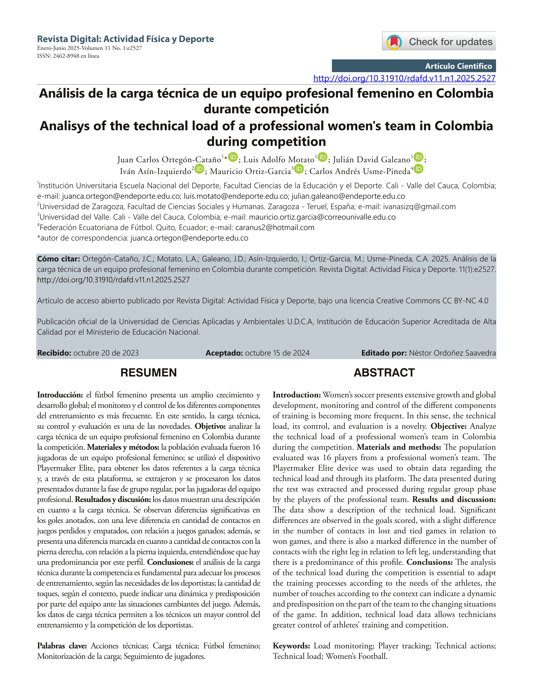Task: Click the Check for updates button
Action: [439, 41]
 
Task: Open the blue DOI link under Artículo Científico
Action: [404, 78]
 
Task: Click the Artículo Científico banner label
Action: [458, 66]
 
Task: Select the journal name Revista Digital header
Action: [125, 39]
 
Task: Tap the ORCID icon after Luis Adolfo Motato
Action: [322, 157]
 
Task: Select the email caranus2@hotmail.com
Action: [275, 228]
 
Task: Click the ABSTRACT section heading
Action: [384, 373]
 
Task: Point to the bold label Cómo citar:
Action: [58, 259]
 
